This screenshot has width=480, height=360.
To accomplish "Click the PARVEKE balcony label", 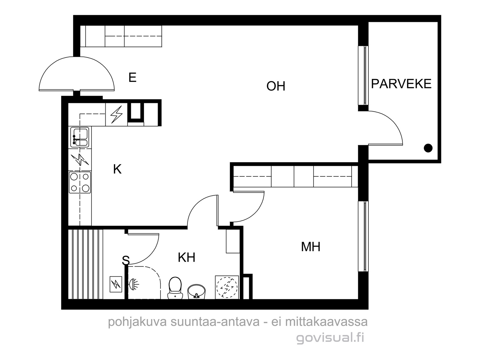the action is pyautogui.click(x=401, y=84).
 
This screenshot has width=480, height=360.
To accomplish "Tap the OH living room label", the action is pyautogui.click(x=276, y=86).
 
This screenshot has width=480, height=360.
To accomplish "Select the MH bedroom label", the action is pyautogui.click(x=310, y=247).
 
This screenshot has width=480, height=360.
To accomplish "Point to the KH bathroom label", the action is pyautogui.click(x=187, y=257).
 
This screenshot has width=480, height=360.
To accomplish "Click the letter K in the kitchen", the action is pyautogui.click(x=117, y=169).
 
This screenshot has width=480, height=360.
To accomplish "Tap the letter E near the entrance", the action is pyautogui.click(x=133, y=77).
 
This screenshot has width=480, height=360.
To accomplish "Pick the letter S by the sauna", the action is pyautogui.click(x=126, y=260).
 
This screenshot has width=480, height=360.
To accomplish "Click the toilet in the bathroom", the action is pyautogui.click(x=175, y=288).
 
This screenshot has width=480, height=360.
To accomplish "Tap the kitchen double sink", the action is pyautogui.click(x=80, y=137).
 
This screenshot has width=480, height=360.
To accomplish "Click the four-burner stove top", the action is pyautogui.click(x=80, y=182).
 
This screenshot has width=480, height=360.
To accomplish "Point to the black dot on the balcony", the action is pyautogui.click(x=428, y=148).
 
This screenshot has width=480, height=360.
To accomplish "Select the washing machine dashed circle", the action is pyautogui.click(x=227, y=287).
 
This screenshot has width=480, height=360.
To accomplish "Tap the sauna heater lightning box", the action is pyautogui.click(x=116, y=284).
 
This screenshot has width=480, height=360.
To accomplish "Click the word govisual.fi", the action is pyautogui.click(x=330, y=338).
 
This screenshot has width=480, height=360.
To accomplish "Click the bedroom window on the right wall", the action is pyautogui.click(x=363, y=236).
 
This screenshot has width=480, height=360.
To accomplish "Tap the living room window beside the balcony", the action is pyautogui.click(x=363, y=75).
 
